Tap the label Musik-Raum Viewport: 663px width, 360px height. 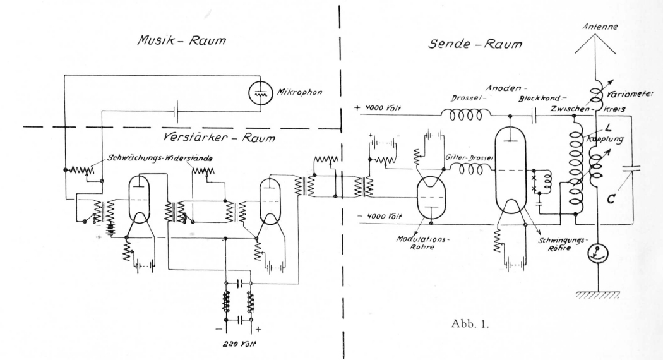(181, 40)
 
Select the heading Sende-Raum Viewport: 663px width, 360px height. (475, 44)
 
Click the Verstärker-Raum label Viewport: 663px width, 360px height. (218, 138)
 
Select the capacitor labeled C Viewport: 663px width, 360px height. (631, 169)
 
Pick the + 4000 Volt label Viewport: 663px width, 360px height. (378, 108)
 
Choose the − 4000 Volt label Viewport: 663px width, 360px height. (379, 216)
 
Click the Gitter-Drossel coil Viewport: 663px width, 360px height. (468, 170)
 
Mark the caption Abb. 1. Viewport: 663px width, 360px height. (470, 325)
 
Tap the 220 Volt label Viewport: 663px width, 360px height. (239, 344)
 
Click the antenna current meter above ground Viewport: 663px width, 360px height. (598, 253)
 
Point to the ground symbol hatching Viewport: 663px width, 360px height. (597, 295)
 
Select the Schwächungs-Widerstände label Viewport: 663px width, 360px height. (160, 159)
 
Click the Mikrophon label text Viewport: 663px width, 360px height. (299, 92)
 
